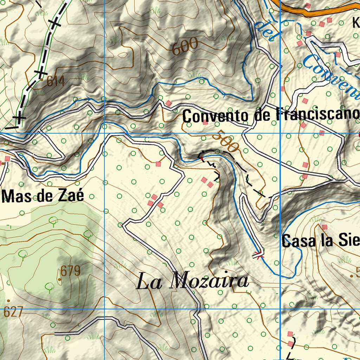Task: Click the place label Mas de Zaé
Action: [x=43, y=195]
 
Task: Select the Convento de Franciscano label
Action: [x=271, y=115]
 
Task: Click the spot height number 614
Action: [x=56, y=82]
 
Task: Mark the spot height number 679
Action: [x=70, y=271]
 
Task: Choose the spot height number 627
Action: [x=14, y=312]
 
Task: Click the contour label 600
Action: [x=185, y=47]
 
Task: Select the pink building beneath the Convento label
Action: [x=205, y=122]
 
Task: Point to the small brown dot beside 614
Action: [x=42, y=80]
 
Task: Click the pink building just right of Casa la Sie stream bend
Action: [x=324, y=227]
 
